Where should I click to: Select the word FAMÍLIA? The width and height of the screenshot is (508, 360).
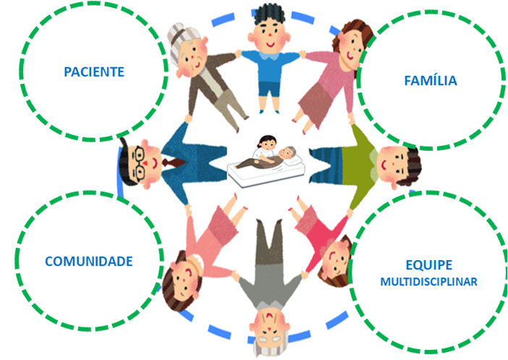coord(430,80)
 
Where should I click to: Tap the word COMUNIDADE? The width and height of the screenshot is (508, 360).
coord(89,260)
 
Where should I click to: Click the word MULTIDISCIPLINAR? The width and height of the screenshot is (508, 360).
coord(429,282)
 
